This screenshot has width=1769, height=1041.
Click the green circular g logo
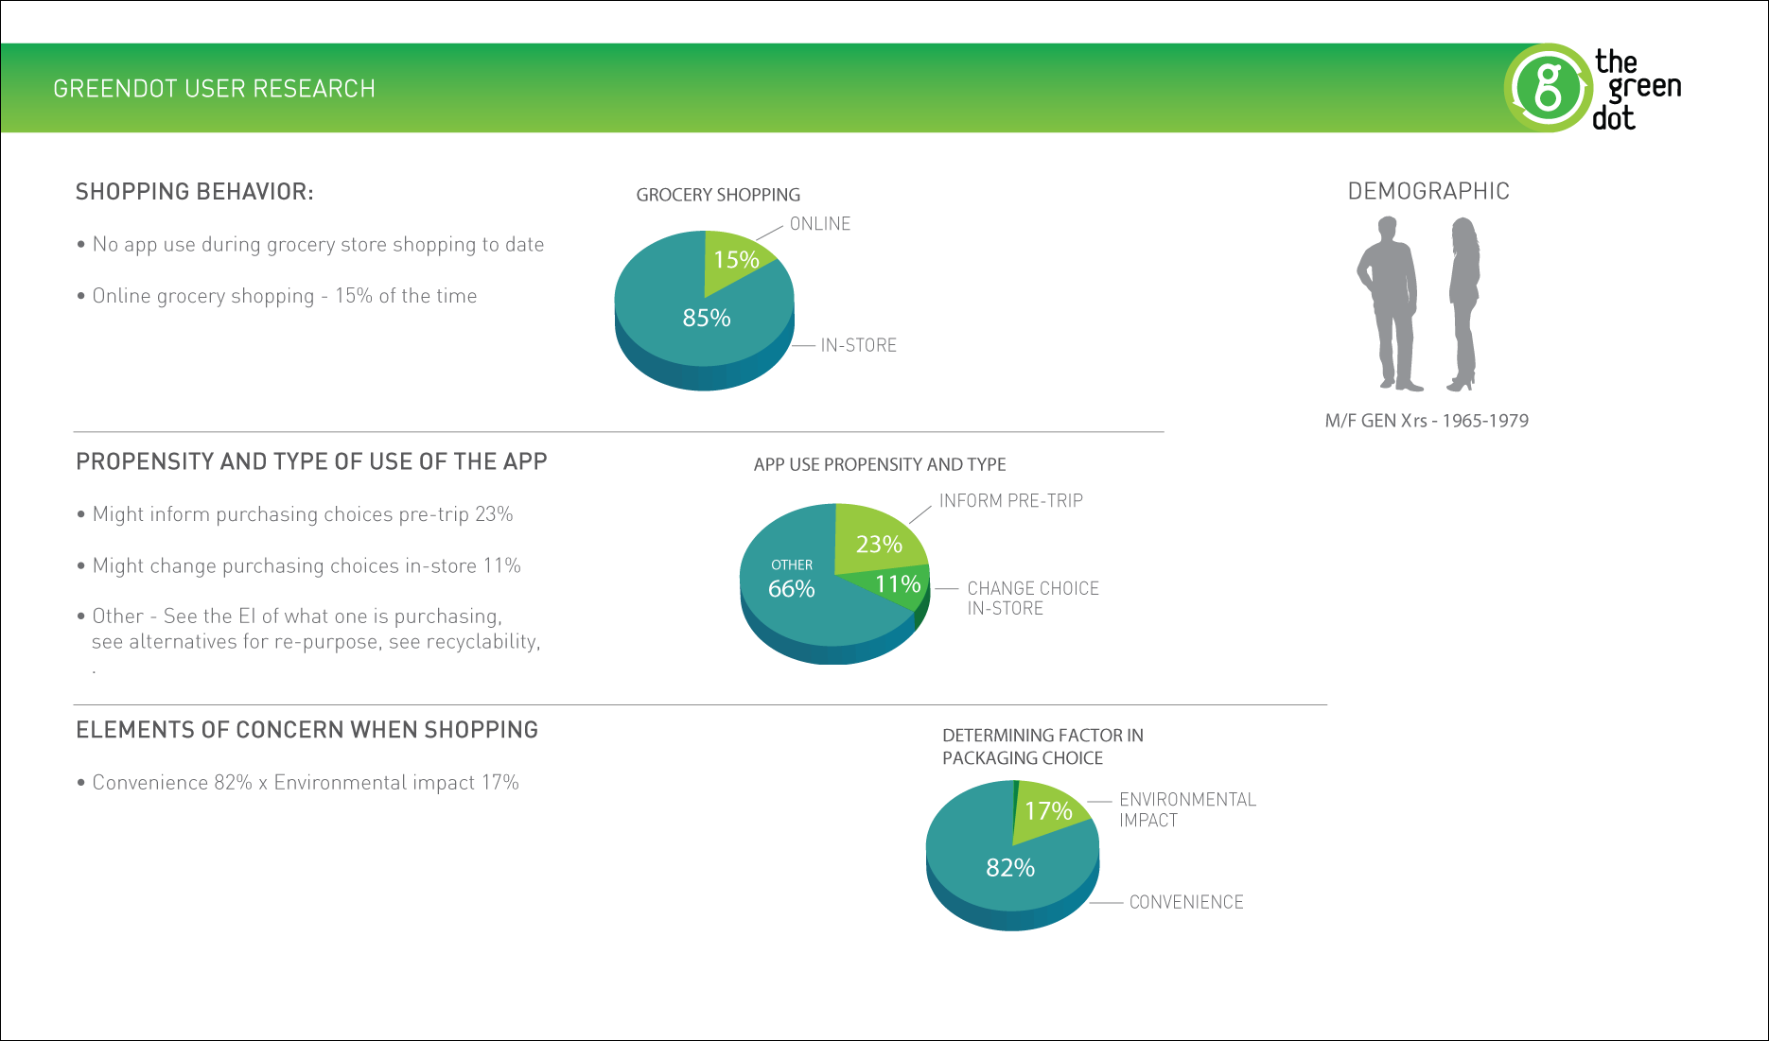[1549, 88]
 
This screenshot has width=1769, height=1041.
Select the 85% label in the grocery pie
[707, 319]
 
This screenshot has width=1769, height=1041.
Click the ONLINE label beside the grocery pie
[820, 224]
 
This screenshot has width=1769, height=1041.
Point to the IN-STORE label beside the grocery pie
[858, 346]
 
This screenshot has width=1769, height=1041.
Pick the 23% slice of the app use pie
[879, 544]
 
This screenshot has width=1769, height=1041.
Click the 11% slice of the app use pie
[898, 584]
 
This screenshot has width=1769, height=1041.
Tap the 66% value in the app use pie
[792, 589]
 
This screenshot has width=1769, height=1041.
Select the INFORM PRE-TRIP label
[1010, 501]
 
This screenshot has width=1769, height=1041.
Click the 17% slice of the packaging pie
[1048, 811]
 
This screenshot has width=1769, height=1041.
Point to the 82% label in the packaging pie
[1010, 868]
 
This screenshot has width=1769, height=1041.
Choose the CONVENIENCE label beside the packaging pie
[1186, 903]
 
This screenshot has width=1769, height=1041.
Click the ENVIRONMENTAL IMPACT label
[1187, 810]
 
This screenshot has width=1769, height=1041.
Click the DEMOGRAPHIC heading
[1428, 192]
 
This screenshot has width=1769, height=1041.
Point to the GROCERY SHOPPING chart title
[718, 196]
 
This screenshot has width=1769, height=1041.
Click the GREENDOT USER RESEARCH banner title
[215, 89]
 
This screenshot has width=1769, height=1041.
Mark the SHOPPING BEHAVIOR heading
[195, 192]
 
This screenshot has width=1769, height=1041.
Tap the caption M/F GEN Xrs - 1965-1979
[1427, 422]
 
